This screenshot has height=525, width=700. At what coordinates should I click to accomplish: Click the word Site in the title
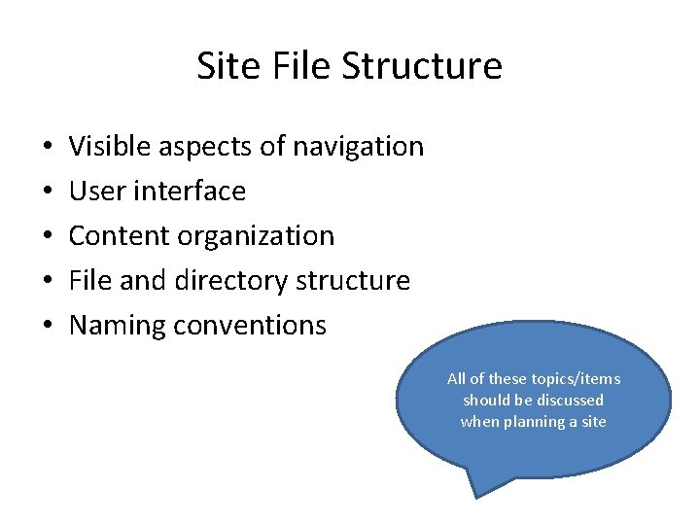pyautogui.click(x=223, y=66)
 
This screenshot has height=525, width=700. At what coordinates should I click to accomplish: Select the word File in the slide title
pyautogui.click(x=297, y=66)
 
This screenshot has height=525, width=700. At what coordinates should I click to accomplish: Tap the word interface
pyautogui.click(x=190, y=191)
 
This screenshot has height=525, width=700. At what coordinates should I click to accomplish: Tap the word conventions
pyautogui.click(x=251, y=325)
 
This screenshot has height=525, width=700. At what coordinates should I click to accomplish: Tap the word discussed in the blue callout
pyautogui.click(x=569, y=400)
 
